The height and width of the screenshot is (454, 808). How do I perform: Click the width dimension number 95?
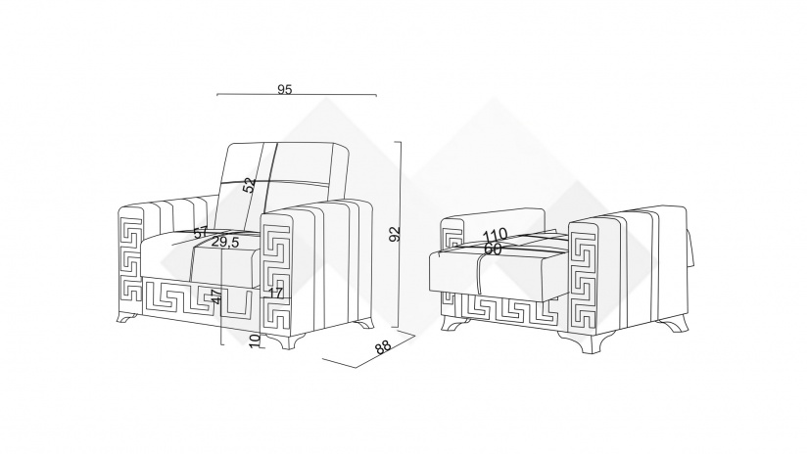click(285, 89)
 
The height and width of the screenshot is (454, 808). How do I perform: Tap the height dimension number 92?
click(394, 234)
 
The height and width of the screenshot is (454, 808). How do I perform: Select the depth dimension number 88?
click(382, 347)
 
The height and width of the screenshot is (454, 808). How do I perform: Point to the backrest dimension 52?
click(249, 183)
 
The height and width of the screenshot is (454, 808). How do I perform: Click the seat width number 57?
click(201, 233)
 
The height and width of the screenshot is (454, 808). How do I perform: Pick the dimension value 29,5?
click(226, 243)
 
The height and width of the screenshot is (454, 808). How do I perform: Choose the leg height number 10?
click(255, 340)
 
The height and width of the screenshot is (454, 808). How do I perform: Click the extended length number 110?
click(495, 235)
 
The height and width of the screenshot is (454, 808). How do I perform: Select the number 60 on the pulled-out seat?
click(493, 250)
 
